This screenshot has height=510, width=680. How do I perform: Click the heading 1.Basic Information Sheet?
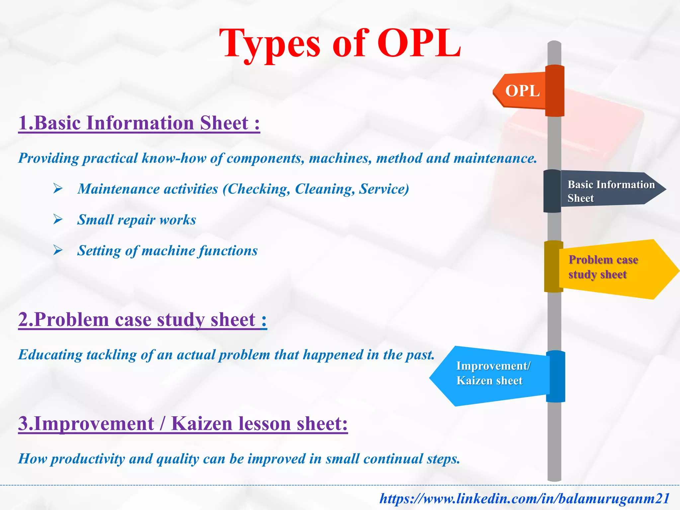coord(139,123)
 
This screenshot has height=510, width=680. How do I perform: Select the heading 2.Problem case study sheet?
coord(142,320)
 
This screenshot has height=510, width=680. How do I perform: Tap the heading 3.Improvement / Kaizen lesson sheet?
coord(183,424)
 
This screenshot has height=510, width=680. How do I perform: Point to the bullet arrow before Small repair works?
coord(58,219)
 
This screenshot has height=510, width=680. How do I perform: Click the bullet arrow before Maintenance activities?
coord(58,189)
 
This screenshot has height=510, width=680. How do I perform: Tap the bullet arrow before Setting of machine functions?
coord(58,250)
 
